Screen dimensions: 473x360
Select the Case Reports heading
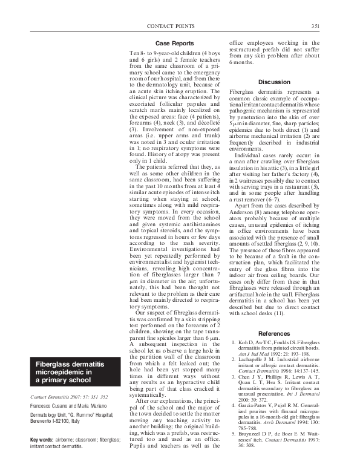174,44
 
